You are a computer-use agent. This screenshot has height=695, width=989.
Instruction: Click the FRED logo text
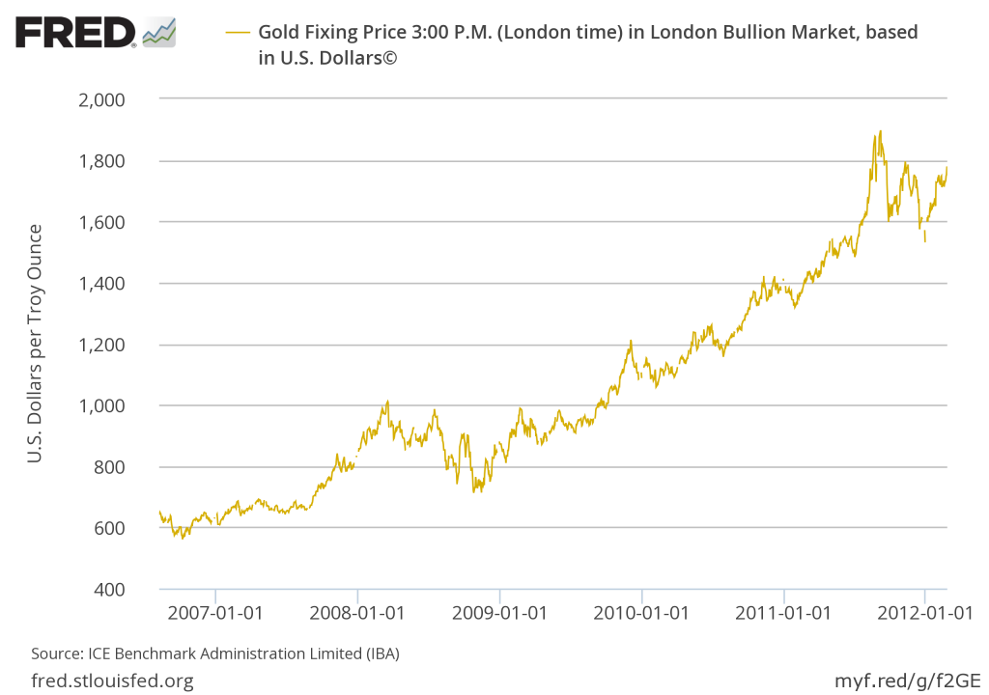[74, 34]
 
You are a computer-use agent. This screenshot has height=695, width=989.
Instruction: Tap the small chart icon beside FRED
[158, 32]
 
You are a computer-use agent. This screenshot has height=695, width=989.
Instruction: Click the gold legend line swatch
[238, 32]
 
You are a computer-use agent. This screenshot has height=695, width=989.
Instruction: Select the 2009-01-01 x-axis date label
[499, 612]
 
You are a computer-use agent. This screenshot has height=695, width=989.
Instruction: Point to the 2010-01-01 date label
[641, 612]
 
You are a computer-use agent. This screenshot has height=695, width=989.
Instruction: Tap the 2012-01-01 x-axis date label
[924, 612]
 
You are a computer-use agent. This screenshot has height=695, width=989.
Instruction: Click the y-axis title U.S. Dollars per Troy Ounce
[35, 343]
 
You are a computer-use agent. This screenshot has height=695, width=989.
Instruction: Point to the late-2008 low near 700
[473, 491]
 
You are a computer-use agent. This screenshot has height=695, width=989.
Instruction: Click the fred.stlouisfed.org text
[112, 681]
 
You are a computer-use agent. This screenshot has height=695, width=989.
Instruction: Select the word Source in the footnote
[54, 653]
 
